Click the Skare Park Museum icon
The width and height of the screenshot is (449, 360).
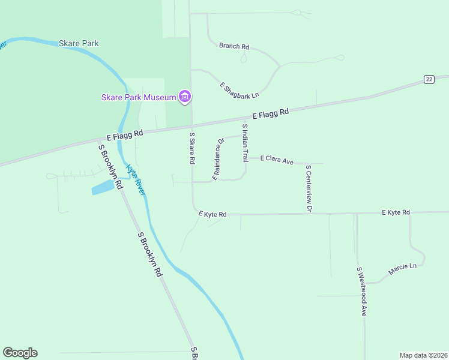click(x=185, y=97)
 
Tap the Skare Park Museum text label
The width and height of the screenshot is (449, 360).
click(x=139, y=97)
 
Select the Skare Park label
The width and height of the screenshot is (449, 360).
click(x=79, y=43)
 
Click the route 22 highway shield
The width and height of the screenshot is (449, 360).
click(x=429, y=79)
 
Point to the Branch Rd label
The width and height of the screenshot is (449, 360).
click(x=234, y=46)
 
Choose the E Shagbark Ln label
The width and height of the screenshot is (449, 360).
click(x=239, y=91)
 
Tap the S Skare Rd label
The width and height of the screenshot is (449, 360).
click(x=192, y=149)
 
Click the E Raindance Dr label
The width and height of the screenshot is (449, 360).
click(x=218, y=158)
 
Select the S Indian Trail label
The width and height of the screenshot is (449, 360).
click(x=245, y=143)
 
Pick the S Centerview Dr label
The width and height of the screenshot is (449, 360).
click(x=309, y=189)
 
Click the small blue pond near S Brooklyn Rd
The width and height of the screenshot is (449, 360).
click(x=103, y=188)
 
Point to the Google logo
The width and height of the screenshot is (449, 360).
click(x=20, y=353)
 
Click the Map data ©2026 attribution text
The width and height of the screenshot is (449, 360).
click(x=423, y=355)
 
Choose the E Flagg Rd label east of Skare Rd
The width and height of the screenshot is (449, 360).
click(x=270, y=113)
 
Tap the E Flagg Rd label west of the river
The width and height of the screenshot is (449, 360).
click(x=125, y=134)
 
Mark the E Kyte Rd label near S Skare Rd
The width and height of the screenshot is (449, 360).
click(x=212, y=214)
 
